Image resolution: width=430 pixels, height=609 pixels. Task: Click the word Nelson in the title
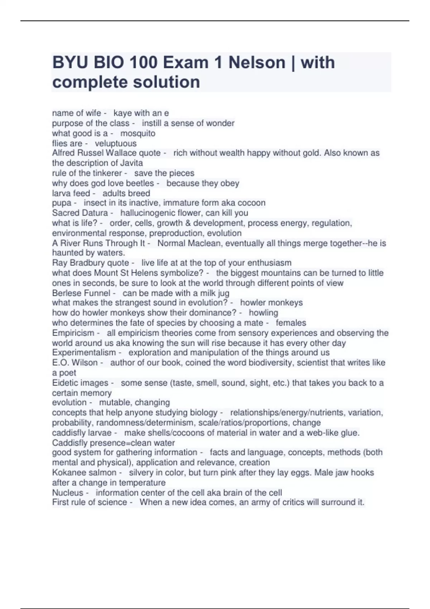(257, 63)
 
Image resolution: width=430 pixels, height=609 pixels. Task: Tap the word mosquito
(138, 133)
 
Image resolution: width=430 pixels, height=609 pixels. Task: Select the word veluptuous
(115, 143)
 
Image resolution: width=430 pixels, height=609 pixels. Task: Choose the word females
(291, 323)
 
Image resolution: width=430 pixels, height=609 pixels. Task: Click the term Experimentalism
(84, 353)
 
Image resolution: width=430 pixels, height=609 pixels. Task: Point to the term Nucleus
(68, 493)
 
